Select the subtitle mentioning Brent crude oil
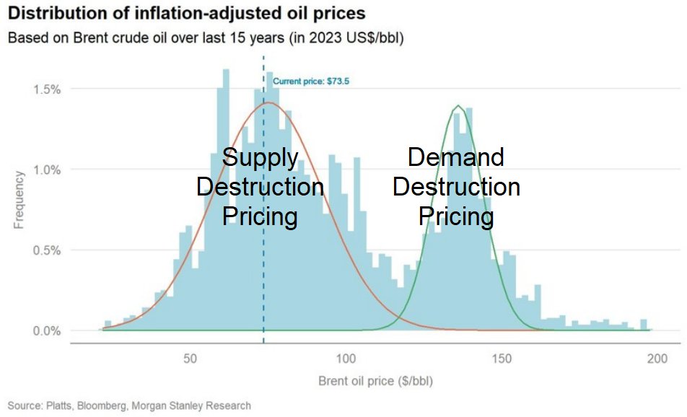pos(205,38)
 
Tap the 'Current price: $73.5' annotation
pos(310,82)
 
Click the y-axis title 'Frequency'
pos(19,199)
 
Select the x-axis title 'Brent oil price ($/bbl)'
pos(375,381)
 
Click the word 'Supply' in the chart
pos(260,157)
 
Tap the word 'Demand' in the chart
pos(456,157)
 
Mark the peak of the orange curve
pos(268,102)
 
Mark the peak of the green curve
pos(458,106)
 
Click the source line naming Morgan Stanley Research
pos(129,405)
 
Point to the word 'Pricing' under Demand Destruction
pos(456,216)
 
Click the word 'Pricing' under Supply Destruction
pos(260,216)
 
